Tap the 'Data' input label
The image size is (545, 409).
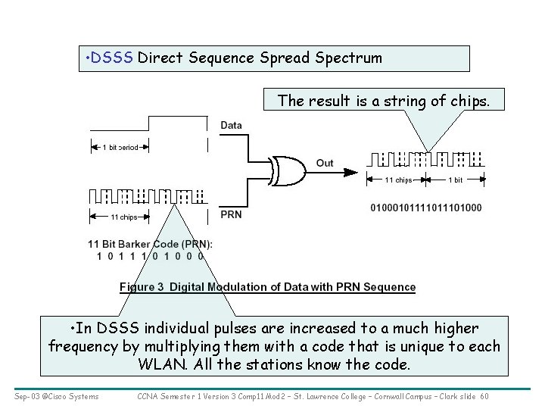(x=232, y=125)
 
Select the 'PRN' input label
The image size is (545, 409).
(x=231, y=214)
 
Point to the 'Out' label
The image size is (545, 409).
(x=325, y=163)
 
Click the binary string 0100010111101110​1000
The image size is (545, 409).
(x=426, y=208)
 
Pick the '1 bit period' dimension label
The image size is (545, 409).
(x=120, y=147)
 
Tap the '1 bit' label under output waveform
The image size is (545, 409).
(x=456, y=180)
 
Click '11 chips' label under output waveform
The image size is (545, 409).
(x=398, y=180)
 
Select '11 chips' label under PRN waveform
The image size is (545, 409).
(x=124, y=217)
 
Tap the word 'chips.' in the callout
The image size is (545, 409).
(x=469, y=100)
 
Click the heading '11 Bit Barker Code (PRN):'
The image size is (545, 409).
(x=150, y=244)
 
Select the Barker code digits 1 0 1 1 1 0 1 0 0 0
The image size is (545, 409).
(x=150, y=256)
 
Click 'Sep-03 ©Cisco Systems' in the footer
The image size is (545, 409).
(x=56, y=395)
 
